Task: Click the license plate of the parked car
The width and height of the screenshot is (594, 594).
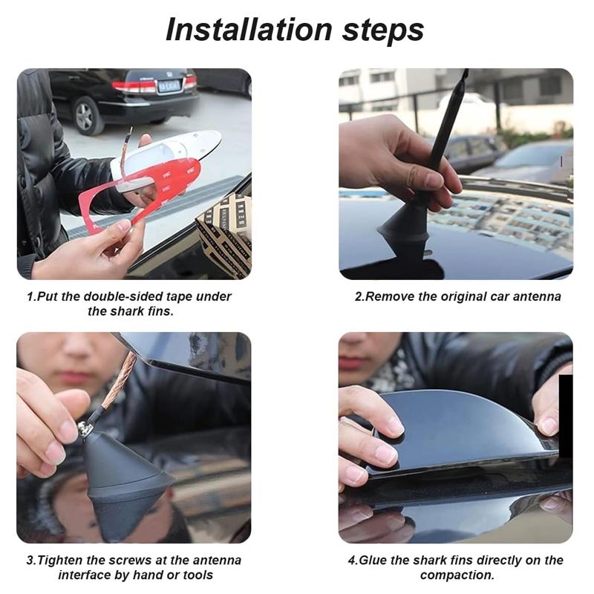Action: pos(169,85)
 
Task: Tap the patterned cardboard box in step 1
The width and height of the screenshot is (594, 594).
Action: pos(226,234)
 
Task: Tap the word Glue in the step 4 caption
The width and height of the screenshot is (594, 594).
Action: pos(373,560)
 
